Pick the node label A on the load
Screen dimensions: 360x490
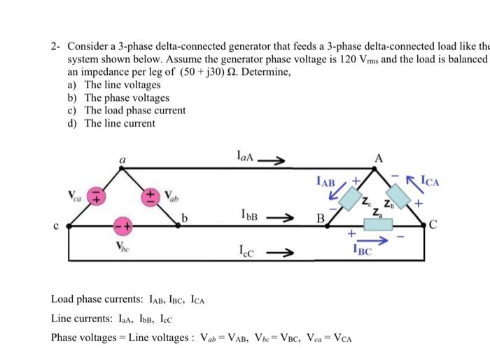[379, 157]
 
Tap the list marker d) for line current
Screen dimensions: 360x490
[72, 123]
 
